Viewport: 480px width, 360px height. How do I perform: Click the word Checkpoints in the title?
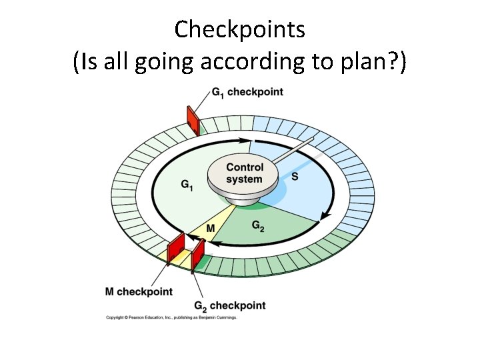(x=240, y=29)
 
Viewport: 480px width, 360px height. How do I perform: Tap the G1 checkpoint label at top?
(x=247, y=92)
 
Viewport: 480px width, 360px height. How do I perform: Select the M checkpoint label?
(x=139, y=291)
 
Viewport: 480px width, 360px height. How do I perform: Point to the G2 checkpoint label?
(x=229, y=306)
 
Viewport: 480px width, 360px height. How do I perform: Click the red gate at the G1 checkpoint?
(x=193, y=119)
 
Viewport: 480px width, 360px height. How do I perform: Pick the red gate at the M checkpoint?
(x=176, y=247)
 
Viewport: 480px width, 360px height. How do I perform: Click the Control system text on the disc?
(x=245, y=173)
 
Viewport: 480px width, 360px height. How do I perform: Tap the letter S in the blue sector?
(x=295, y=177)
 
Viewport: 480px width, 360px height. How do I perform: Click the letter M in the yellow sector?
(x=210, y=229)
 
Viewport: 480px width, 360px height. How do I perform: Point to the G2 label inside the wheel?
(x=258, y=226)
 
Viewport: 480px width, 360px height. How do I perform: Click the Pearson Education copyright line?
(x=171, y=317)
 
